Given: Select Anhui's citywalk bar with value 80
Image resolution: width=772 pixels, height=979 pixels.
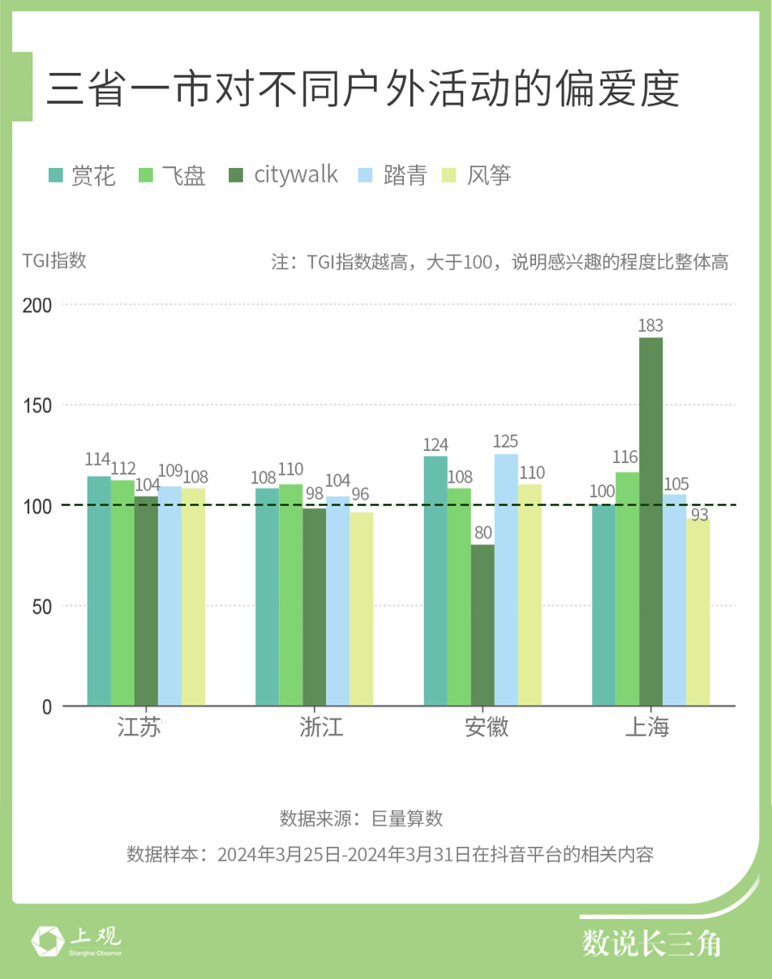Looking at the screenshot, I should (482, 625).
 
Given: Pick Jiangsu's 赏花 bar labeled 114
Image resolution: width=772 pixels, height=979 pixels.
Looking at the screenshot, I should (99, 591).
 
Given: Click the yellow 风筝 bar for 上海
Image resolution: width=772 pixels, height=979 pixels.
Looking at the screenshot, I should (698, 612).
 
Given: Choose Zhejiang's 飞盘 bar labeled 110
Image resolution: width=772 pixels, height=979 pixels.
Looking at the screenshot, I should (291, 595).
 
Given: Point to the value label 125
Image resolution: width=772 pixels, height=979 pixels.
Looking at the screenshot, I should (506, 442).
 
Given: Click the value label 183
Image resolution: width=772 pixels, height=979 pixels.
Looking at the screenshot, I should (650, 326).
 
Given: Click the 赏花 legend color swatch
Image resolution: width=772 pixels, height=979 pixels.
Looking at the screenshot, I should (57, 176).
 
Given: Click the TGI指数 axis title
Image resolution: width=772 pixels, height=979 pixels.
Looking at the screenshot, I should (55, 261).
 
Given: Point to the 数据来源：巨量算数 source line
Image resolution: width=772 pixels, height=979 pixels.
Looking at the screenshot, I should (361, 818).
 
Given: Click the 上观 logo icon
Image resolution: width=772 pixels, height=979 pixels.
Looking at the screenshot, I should (46, 940).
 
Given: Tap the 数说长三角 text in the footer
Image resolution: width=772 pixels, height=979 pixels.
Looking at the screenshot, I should (652, 943).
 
